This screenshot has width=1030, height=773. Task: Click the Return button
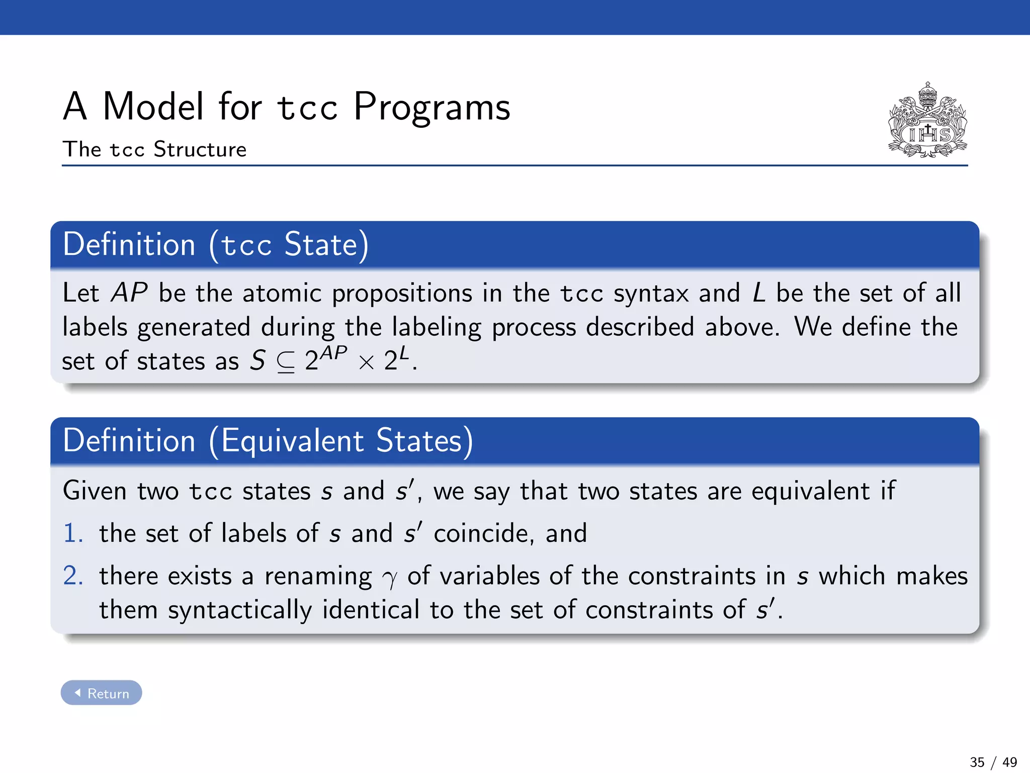click(102, 693)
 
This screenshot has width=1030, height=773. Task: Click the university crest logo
click(927, 120)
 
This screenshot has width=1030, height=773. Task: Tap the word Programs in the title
click(432, 107)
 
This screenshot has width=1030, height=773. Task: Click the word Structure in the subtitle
click(200, 149)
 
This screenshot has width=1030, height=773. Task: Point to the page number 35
click(977, 762)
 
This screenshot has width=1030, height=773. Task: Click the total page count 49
click(1009, 762)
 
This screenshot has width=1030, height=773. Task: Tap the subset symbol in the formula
click(286, 361)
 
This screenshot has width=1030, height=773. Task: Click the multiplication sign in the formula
click(367, 362)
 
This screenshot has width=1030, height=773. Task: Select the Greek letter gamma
click(389, 579)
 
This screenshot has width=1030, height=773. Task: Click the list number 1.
click(73, 533)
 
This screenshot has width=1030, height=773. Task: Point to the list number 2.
click(73, 575)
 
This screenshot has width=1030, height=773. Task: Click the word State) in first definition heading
click(326, 245)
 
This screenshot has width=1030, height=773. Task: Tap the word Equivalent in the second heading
click(292, 441)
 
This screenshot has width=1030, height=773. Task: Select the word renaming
click(318, 577)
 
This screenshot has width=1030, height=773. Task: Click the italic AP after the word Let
click(129, 293)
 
